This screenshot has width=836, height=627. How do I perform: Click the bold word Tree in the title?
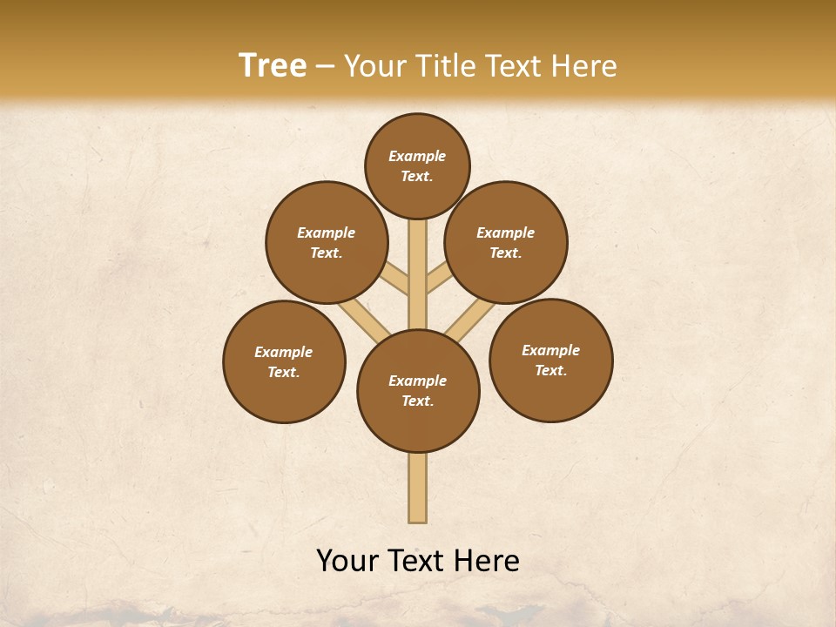(x=273, y=66)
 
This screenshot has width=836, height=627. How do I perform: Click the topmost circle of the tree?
(x=417, y=165)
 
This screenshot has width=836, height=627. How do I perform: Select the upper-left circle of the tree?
(x=326, y=242)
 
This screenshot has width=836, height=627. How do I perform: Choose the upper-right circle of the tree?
(x=506, y=242)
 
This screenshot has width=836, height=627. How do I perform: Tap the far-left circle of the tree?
(x=284, y=361)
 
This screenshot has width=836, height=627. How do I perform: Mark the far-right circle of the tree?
(x=550, y=360)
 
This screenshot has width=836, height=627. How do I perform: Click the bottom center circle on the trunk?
(x=418, y=390)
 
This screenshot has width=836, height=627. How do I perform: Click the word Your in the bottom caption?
(x=347, y=561)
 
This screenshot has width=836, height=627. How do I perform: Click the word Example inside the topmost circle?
(x=417, y=156)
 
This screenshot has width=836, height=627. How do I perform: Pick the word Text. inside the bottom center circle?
(x=417, y=401)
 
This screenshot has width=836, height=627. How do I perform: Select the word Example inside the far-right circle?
(x=550, y=350)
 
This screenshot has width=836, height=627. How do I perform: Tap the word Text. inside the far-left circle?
(x=284, y=372)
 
